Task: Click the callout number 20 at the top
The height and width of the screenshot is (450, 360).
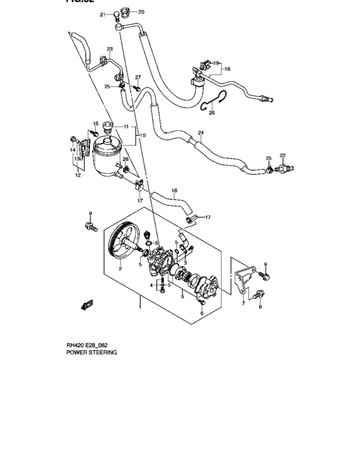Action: click(141, 12)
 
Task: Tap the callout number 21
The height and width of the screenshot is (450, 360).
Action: click(102, 15)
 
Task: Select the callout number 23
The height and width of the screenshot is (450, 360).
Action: click(110, 50)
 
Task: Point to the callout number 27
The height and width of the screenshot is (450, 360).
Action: click(138, 78)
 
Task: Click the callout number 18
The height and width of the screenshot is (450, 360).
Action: click(227, 68)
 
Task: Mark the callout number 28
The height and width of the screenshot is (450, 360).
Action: click(213, 113)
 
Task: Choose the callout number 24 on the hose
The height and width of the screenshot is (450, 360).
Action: click(201, 133)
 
